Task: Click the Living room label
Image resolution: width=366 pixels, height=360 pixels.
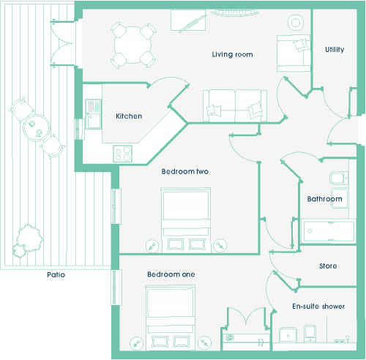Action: coord(232,54)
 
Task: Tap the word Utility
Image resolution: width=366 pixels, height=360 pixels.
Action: coord(335,50)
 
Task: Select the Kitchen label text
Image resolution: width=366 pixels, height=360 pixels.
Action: coord(129,116)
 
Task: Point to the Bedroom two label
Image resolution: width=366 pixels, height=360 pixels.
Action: coord(185,171)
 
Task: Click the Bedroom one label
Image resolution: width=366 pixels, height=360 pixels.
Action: coord(171,274)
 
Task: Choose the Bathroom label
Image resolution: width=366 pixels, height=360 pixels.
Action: coord(324,199)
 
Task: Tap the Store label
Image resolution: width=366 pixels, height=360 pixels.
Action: coord(328,266)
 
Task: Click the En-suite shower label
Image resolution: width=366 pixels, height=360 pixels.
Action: coord(318,307)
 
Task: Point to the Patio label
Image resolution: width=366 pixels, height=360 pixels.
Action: coord(56,275)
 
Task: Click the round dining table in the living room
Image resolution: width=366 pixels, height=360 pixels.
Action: coord(132,45)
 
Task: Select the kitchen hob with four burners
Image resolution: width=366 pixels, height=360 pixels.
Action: coord(122,154)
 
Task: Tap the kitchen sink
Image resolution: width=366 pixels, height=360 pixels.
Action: coord(93,114)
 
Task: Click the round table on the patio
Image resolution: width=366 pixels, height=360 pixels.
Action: coord(37,128)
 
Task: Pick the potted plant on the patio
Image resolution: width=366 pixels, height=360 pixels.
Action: coord(27,241)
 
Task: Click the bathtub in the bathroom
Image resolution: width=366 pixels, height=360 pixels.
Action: coord(328,231)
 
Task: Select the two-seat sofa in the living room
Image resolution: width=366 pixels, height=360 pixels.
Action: coord(235,105)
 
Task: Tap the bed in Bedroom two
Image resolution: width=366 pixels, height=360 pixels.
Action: coord(186,220)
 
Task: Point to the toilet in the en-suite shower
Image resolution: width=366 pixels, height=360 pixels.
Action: coord(310,334)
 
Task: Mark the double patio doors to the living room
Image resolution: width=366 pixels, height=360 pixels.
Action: coord(62,43)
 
